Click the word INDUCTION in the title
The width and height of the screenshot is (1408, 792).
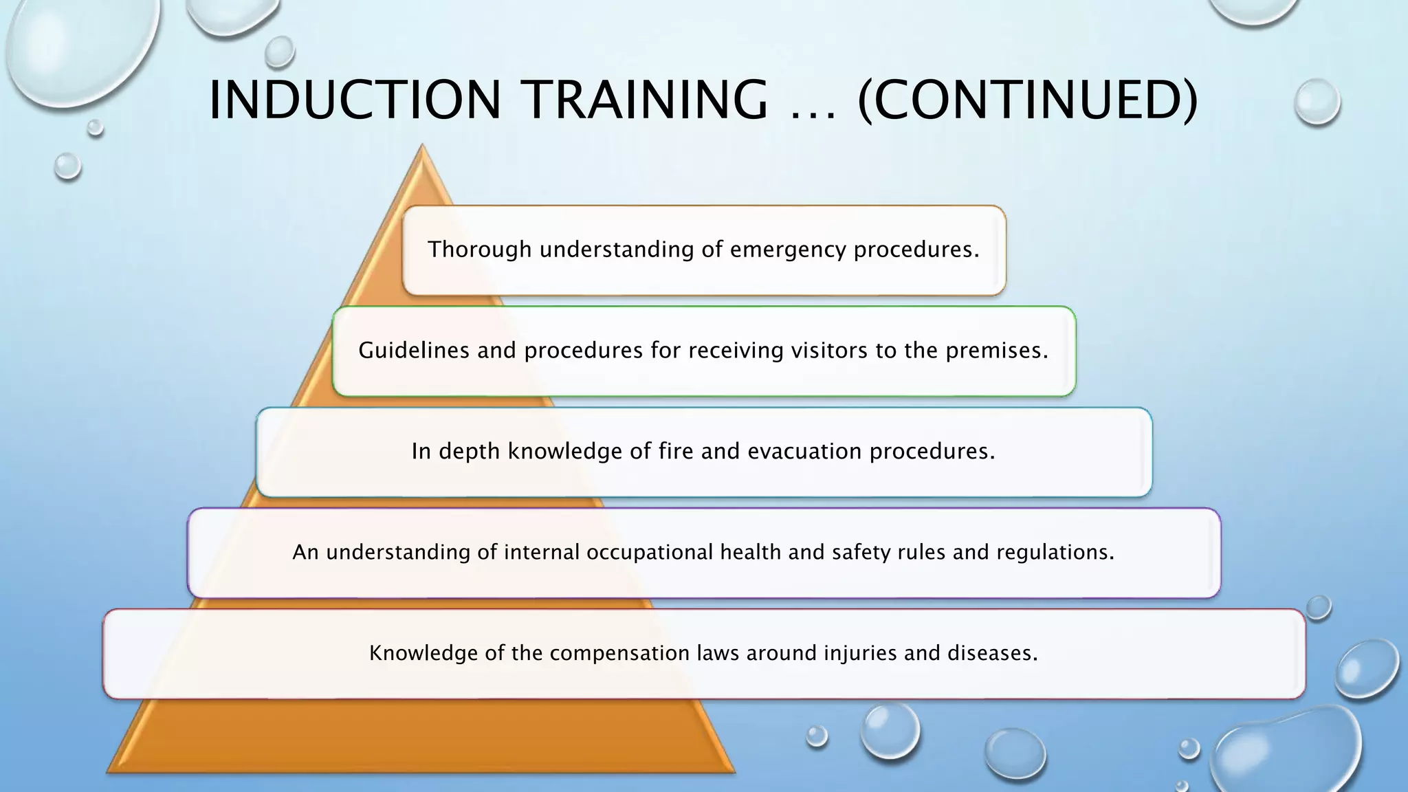(x=355, y=100)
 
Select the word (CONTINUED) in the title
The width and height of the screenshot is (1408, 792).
(x=1028, y=100)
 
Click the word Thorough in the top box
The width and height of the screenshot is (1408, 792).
(x=479, y=249)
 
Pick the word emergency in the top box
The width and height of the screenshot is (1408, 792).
(x=788, y=250)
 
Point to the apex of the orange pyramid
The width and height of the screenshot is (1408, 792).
(x=421, y=146)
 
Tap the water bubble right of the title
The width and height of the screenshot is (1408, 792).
(x=1317, y=102)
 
